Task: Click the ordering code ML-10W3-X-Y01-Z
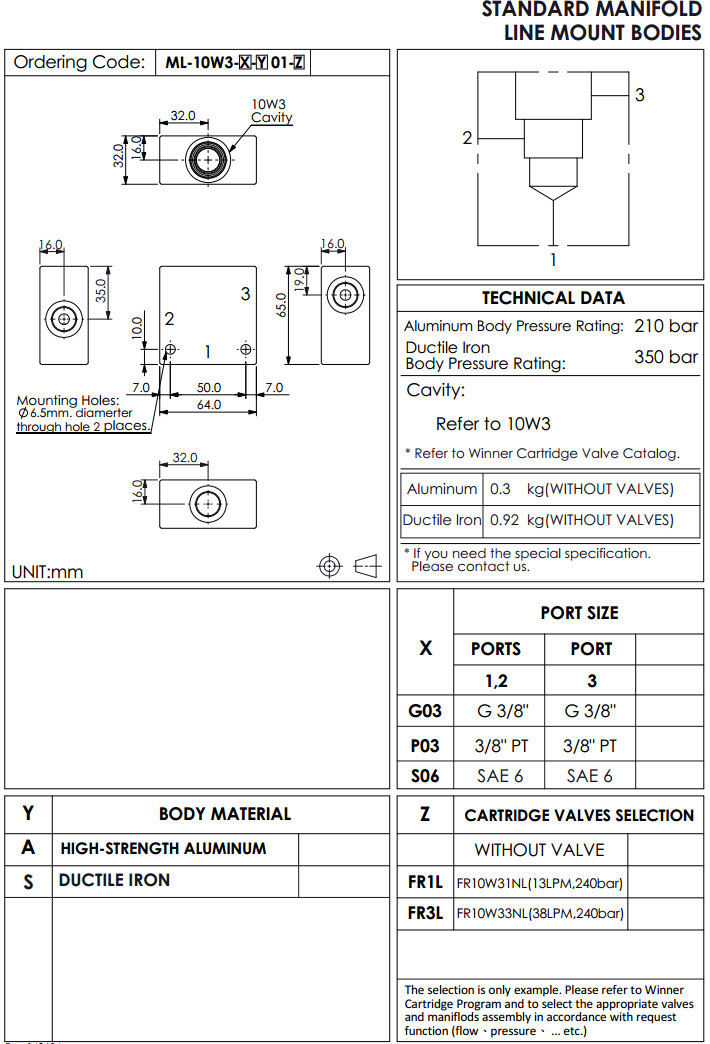235,63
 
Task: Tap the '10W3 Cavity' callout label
271,111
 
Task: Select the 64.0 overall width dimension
209,405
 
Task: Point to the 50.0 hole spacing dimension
209,387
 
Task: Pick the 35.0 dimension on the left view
101,290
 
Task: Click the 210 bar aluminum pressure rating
666,326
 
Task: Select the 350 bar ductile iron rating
666,357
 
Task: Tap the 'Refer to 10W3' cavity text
493,424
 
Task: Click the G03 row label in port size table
425,712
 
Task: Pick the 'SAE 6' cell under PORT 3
590,776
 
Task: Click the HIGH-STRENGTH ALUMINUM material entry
163,849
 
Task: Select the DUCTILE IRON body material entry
114,880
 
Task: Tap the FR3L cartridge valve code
425,913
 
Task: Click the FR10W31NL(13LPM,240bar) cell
540,883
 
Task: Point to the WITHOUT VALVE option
539,850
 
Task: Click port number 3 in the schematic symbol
640,95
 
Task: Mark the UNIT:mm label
47,572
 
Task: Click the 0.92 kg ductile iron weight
506,520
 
